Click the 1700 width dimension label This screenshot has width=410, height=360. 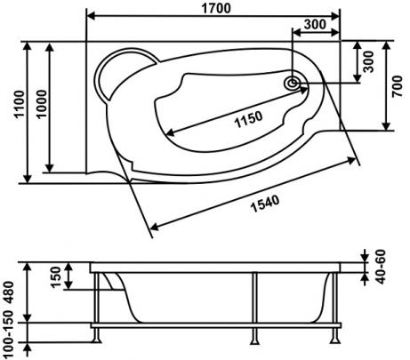point(216,8)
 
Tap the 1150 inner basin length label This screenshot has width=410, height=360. point(249,119)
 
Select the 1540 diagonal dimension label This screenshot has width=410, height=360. point(265,204)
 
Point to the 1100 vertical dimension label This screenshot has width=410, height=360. point(20,104)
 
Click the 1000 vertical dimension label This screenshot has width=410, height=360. point(42,104)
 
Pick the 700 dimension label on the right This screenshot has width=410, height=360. point(398,86)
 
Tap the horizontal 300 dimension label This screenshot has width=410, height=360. point(315,24)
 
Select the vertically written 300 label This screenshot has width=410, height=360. point(368,61)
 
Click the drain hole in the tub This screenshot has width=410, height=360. point(292,83)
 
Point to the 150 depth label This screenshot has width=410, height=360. point(56,277)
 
